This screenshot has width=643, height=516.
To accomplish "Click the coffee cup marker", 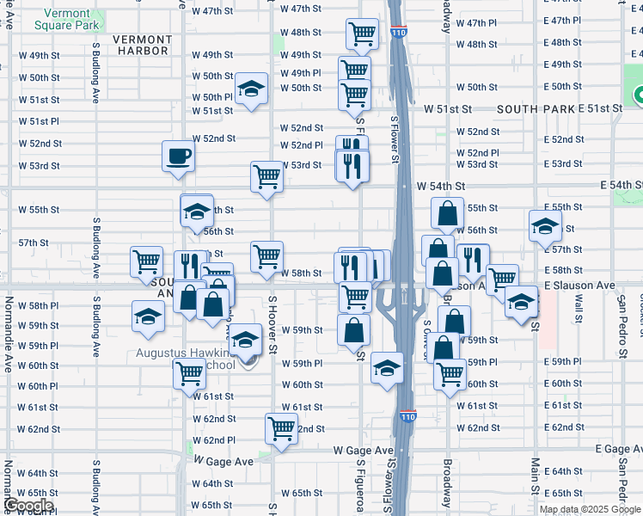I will coord(178,157).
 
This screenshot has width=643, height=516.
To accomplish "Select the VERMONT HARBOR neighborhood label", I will coord(140,45).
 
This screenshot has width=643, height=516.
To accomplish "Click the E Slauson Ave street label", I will coord(579,285).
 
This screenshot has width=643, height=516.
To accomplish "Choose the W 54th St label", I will coord(440,186).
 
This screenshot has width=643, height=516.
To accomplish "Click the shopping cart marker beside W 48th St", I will coord(362,34).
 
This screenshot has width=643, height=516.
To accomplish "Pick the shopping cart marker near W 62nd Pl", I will coord(281,427).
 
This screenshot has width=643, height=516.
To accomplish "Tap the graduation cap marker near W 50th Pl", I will coord(251,89).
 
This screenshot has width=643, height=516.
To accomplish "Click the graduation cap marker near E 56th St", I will coord(544,226).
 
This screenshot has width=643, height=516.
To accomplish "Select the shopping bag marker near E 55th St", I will coord(448,213).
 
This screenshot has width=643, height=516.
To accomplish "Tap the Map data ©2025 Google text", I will coord(589,509).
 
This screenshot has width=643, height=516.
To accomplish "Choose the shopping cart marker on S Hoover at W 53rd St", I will coord(266,177).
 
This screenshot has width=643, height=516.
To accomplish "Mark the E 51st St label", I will coord(599,108).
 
